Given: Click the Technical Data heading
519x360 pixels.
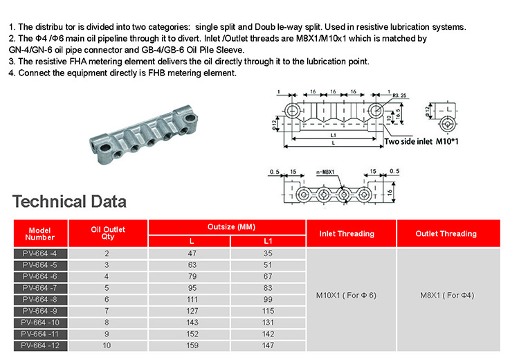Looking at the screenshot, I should [69, 202].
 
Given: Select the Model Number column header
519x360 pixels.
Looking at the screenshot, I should [39, 234].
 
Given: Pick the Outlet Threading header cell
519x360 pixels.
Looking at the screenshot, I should [446, 234].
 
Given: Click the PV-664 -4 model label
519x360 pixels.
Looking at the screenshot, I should [39, 255].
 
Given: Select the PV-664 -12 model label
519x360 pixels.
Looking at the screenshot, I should [39, 345].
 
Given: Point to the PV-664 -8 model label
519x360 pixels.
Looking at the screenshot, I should [39, 300].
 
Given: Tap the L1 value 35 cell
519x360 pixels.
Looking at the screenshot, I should [268, 255].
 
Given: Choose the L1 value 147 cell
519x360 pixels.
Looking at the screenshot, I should [268, 345].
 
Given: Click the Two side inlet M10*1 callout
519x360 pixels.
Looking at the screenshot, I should [412, 141].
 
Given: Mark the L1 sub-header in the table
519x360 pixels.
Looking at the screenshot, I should [268, 240].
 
